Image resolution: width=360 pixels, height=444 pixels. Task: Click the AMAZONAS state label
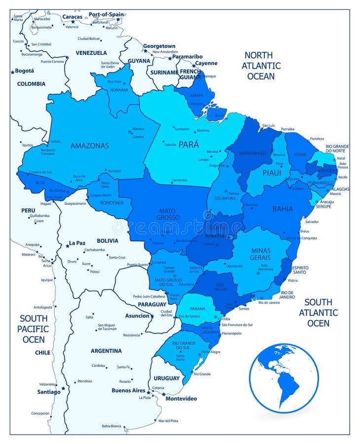click(x=89, y=146)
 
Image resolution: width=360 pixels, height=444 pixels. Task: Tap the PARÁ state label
click(x=188, y=145)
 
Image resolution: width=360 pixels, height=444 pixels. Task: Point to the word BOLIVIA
click(x=107, y=241)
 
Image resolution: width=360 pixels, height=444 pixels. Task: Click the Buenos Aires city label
click(x=128, y=390)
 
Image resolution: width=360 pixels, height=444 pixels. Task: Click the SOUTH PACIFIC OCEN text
click(x=34, y=329)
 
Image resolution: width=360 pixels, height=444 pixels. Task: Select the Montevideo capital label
click(x=181, y=398)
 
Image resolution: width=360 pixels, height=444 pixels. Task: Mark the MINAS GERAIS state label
click(x=260, y=254)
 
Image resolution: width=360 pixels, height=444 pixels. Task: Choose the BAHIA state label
click(x=283, y=209)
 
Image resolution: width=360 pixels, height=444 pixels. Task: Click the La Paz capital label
click(x=77, y=243)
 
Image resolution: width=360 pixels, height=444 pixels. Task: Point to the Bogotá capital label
click(x=25, y=71)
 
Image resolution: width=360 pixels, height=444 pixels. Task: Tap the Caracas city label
click(x=72, y=16)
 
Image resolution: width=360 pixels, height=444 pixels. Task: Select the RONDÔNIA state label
click(x=111, y=202)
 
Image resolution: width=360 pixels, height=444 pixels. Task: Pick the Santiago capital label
click(x=48, y=392)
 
